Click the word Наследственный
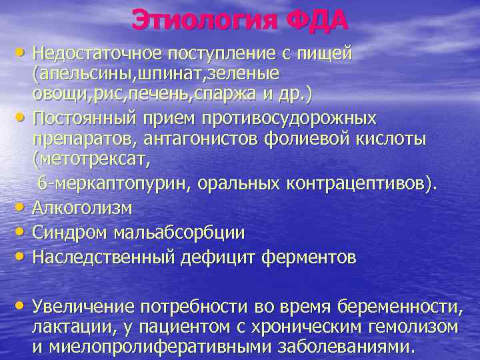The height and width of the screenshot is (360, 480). click(105, 257)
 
